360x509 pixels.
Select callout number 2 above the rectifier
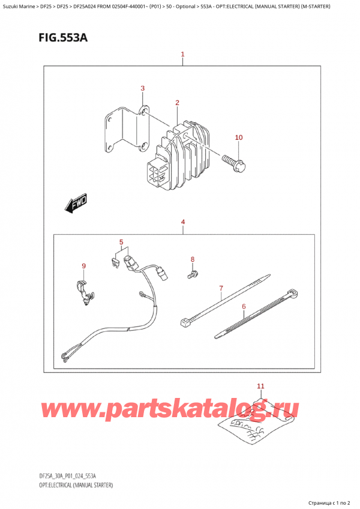click(x=178, y=103)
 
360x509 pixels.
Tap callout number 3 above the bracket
click(x=143, y=89)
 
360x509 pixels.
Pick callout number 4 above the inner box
click(x=182, y=223)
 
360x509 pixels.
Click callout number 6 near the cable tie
click(x=244, y=307)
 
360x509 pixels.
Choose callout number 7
click(x=221, y=289)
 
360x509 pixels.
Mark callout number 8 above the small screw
click(x=193, y=259)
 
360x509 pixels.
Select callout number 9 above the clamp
click(x=84, y=266)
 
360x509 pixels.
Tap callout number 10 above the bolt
click(x=239, y=138)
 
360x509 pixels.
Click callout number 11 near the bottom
click(x=260, y=385)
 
